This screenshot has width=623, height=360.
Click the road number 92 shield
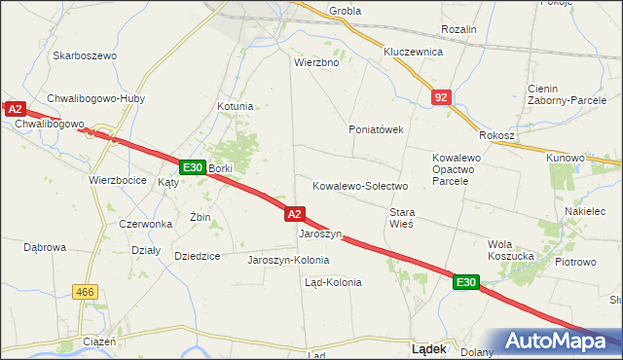(x=442, y=97)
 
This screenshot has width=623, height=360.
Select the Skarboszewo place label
(x=85, y=55)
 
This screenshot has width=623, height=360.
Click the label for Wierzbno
(x=315, y=61)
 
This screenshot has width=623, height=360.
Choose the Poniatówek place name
(x=376, y=128)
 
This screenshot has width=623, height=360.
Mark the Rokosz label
(x=496, y=135)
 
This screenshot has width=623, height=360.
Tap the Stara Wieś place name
(x=402, y=217)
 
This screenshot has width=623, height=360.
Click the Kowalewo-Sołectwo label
(x=359, y=185)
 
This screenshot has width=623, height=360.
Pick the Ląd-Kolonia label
(x=333, y=282)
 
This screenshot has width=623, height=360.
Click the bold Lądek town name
(x=429, y=347)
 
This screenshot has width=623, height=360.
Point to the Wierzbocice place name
(x=117, y=180)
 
